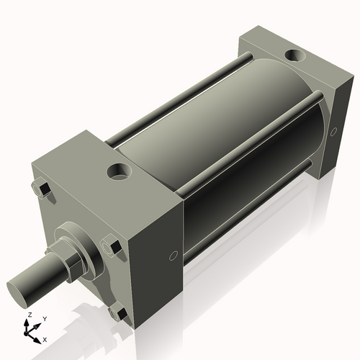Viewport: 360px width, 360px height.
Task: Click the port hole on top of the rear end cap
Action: coord(295,55)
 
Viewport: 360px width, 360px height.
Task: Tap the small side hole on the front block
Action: coord(173,256)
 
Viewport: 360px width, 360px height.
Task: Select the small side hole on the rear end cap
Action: coord(333,132)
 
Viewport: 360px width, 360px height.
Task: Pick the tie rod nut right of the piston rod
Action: coord(111,246)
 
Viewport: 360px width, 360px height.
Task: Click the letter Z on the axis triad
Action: coord(28,315)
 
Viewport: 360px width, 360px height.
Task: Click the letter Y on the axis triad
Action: coord(44,318)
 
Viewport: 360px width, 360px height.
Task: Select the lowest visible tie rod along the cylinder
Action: coord(245,216)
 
